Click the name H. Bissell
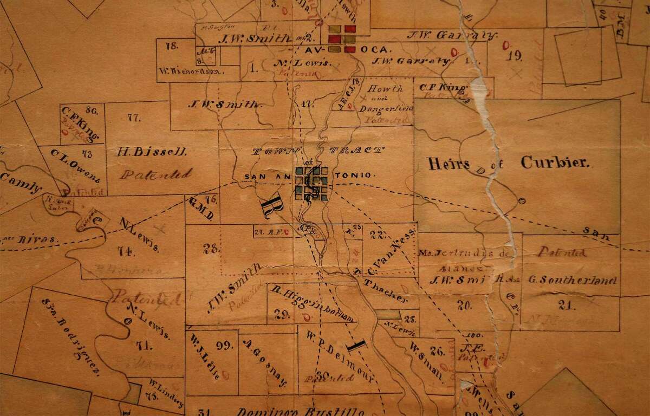pyautogui.click(x=152, y=153)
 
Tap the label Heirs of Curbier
pyautogui.click(x=508, y=162)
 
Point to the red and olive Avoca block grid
pyautogui.click(x=341, y=39)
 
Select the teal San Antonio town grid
pyautogui.click(x=312, y=184)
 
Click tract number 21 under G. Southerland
pyautogui.click(x=567, y=305)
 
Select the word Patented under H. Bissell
pyautogui.click(x=156, y=174)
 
